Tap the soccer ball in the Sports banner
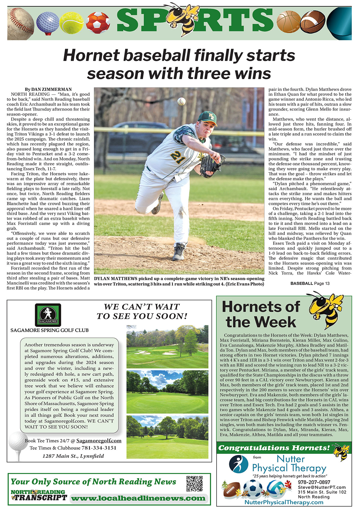coord(98,22)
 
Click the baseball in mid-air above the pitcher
coord(181,101)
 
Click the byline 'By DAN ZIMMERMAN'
coord(48,89)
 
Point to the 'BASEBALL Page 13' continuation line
coord(310,283)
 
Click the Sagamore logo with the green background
coord(48,315)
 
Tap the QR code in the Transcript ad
coord(194,484)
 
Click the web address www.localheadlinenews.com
coord(138,498)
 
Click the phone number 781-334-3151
coord(99,448)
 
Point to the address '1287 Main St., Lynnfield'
coord(73,456)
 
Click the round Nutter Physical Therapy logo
coord(238,464)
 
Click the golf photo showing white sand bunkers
coord(167,347)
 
